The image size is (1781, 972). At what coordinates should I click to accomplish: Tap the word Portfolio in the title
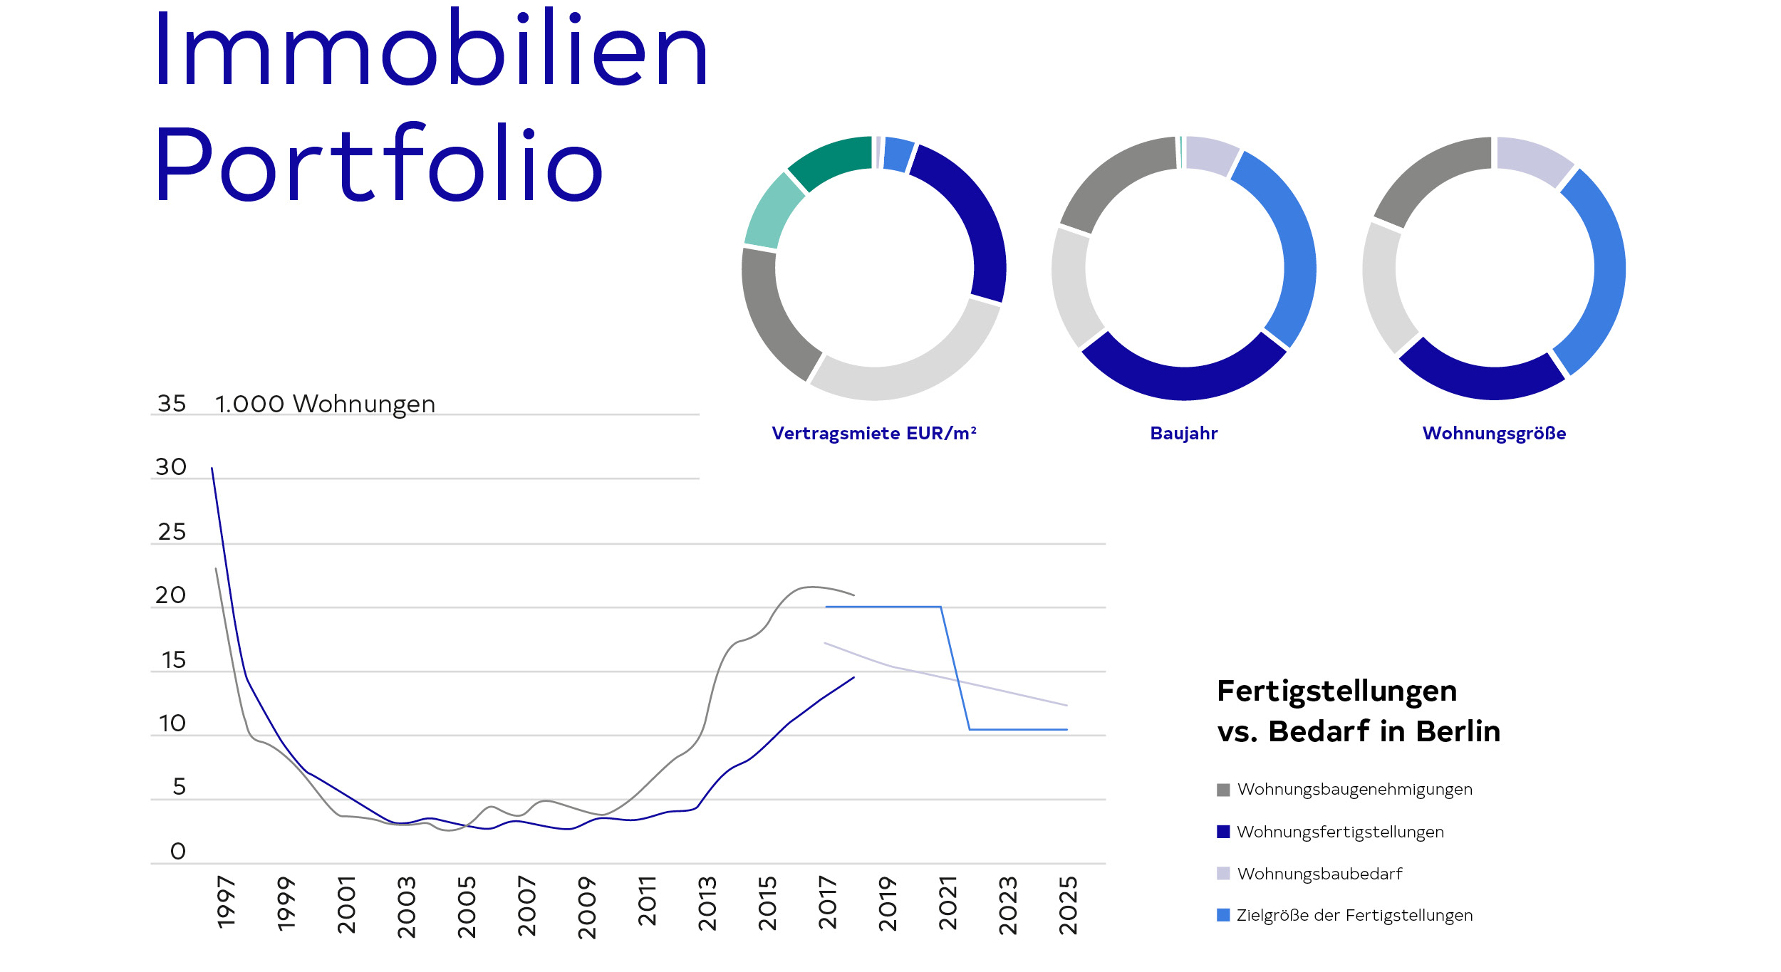coord(379,164)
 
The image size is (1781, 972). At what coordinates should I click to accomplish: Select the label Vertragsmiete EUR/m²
coord(874,434)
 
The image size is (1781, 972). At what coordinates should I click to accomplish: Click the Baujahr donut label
coord(1184,434)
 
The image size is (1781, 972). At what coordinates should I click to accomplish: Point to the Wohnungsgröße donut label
coord(1494,434)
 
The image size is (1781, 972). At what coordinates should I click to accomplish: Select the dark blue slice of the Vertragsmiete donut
coord(969,214)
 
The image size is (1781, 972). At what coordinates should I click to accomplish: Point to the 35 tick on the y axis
coord(172,404)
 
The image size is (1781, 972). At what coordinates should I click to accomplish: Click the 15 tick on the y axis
coord(173,660)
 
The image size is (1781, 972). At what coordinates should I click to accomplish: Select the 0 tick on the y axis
coord(178,851)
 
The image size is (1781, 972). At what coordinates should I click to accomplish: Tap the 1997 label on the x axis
coord(226,903)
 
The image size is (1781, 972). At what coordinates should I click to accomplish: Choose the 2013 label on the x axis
coord(707,904)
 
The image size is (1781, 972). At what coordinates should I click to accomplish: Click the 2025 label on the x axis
coord(1068,905)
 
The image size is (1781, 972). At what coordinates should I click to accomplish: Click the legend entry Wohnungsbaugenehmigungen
coord(1354,790)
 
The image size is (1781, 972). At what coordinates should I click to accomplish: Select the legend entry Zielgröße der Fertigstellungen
coord(1354,916)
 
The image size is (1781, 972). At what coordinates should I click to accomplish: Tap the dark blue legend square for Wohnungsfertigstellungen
coord(1223,832)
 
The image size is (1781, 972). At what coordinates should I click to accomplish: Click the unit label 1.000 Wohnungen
coord(325,404)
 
